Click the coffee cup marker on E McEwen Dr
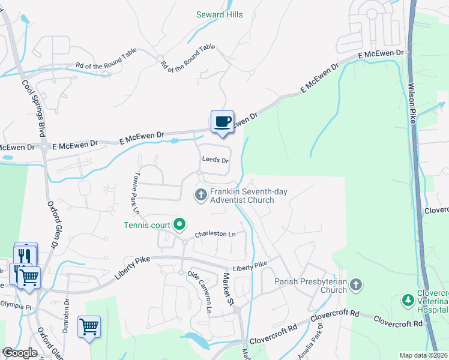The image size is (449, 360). (222, 122)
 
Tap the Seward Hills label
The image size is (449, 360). (220, 14)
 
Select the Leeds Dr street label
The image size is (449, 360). (215, 161)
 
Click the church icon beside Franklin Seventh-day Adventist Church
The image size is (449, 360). (201, 194)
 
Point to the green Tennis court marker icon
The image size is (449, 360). (179, 226)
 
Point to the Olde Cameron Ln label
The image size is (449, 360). (200, 292)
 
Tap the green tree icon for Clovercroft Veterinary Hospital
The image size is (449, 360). (408, 299)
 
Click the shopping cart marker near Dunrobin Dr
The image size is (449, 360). (89, 326)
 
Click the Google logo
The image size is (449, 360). (20, 353)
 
